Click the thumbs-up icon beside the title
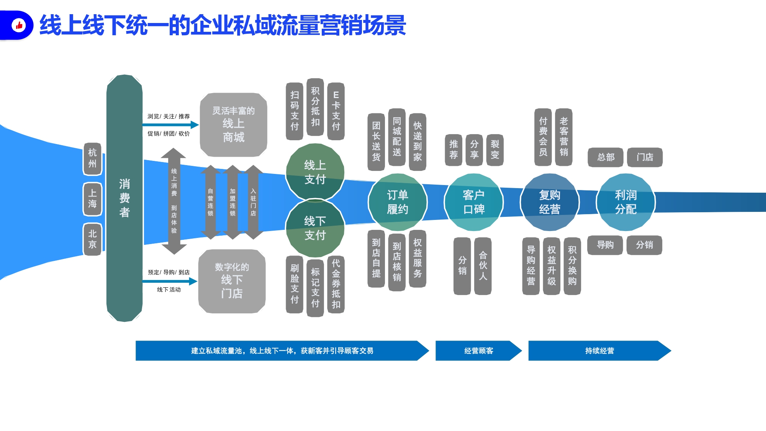(19, 25)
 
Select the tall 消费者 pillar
(124, 198)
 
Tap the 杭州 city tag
(92, 159)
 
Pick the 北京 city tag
(92, 239)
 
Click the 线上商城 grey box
(233, 125)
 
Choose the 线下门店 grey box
(232, 281)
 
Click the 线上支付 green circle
(315, 172)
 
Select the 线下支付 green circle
(315, 228)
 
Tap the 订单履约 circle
(398, 202)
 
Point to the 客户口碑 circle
(474, 202)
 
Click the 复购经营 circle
(550, 202)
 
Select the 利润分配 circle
(626, 202)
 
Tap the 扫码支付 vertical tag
(295, 111)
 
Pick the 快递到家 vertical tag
(417, 142)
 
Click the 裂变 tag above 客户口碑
(495, 150)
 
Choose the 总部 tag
(606, 157)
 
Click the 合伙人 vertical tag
(483, 266)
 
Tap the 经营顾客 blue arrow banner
(479, 351)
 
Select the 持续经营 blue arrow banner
(600, 351)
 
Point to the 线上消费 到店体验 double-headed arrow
(174, 201)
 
